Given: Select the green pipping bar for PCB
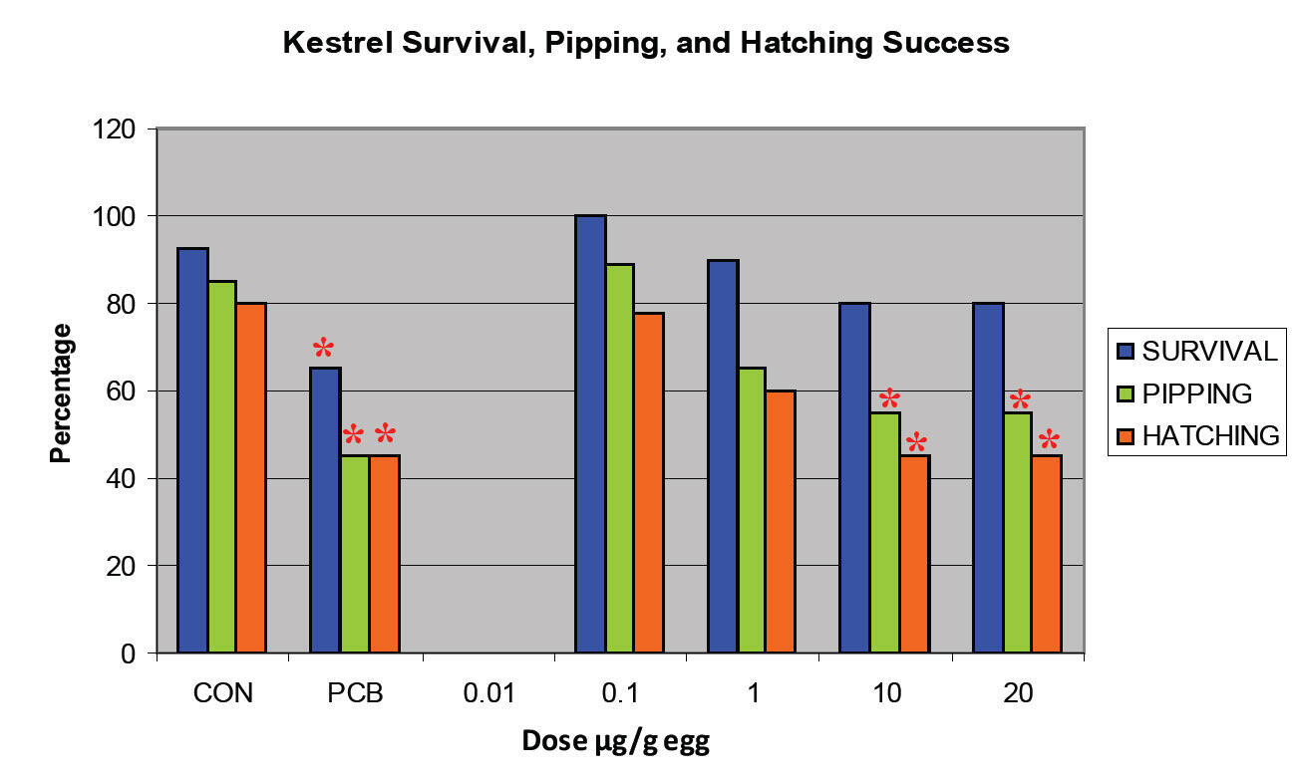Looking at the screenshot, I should [355, 554].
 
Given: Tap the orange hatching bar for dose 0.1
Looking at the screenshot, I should [649, 483].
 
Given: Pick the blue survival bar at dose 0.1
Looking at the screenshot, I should [590, 434].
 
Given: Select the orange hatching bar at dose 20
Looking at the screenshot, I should [1047, 554].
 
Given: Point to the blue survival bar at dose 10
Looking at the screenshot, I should [854, 478].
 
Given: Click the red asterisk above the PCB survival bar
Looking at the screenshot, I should [324, 349].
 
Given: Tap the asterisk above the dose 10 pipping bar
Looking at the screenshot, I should [889, 400].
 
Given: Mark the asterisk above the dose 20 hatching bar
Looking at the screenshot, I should [1049, 440].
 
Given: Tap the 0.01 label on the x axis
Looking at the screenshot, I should [488, 693].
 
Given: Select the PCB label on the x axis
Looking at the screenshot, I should [355, 693].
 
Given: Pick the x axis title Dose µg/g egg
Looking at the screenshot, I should [615, 743].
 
